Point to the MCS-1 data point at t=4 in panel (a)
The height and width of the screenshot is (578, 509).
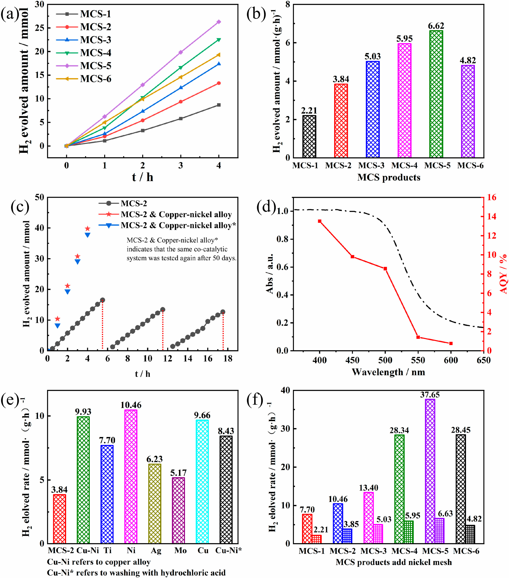click(219, 105)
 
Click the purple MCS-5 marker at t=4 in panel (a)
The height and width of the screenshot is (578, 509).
click(219, 22)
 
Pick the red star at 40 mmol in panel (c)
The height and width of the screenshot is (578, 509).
click(88, 229)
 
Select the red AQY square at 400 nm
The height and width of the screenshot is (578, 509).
click(320, 221)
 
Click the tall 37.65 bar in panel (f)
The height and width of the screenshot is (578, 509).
click(430, 471)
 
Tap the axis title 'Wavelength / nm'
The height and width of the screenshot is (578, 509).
click(388, 372)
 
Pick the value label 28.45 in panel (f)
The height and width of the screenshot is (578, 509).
click(461, 430)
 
